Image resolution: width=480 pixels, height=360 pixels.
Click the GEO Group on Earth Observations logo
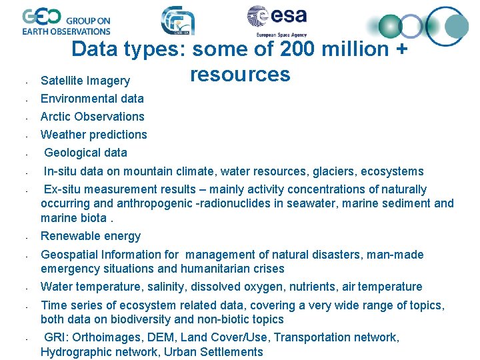coord(66,21)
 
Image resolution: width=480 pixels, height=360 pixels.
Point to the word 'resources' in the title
coord(240,74)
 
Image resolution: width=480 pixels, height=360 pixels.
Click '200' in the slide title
coord(304,49)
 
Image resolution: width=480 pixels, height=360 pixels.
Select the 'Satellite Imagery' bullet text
coord(85,81)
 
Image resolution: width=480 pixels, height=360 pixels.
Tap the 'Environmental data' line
coord(92,99)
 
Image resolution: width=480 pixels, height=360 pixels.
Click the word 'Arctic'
coord(56,117)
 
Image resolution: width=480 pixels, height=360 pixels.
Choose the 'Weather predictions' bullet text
coord(93,135)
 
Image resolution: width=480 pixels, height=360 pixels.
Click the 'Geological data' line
coord(85,153)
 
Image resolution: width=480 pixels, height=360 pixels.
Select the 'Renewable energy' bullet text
coord(91,236)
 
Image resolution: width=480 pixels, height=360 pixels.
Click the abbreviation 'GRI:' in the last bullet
coord(56,337)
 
